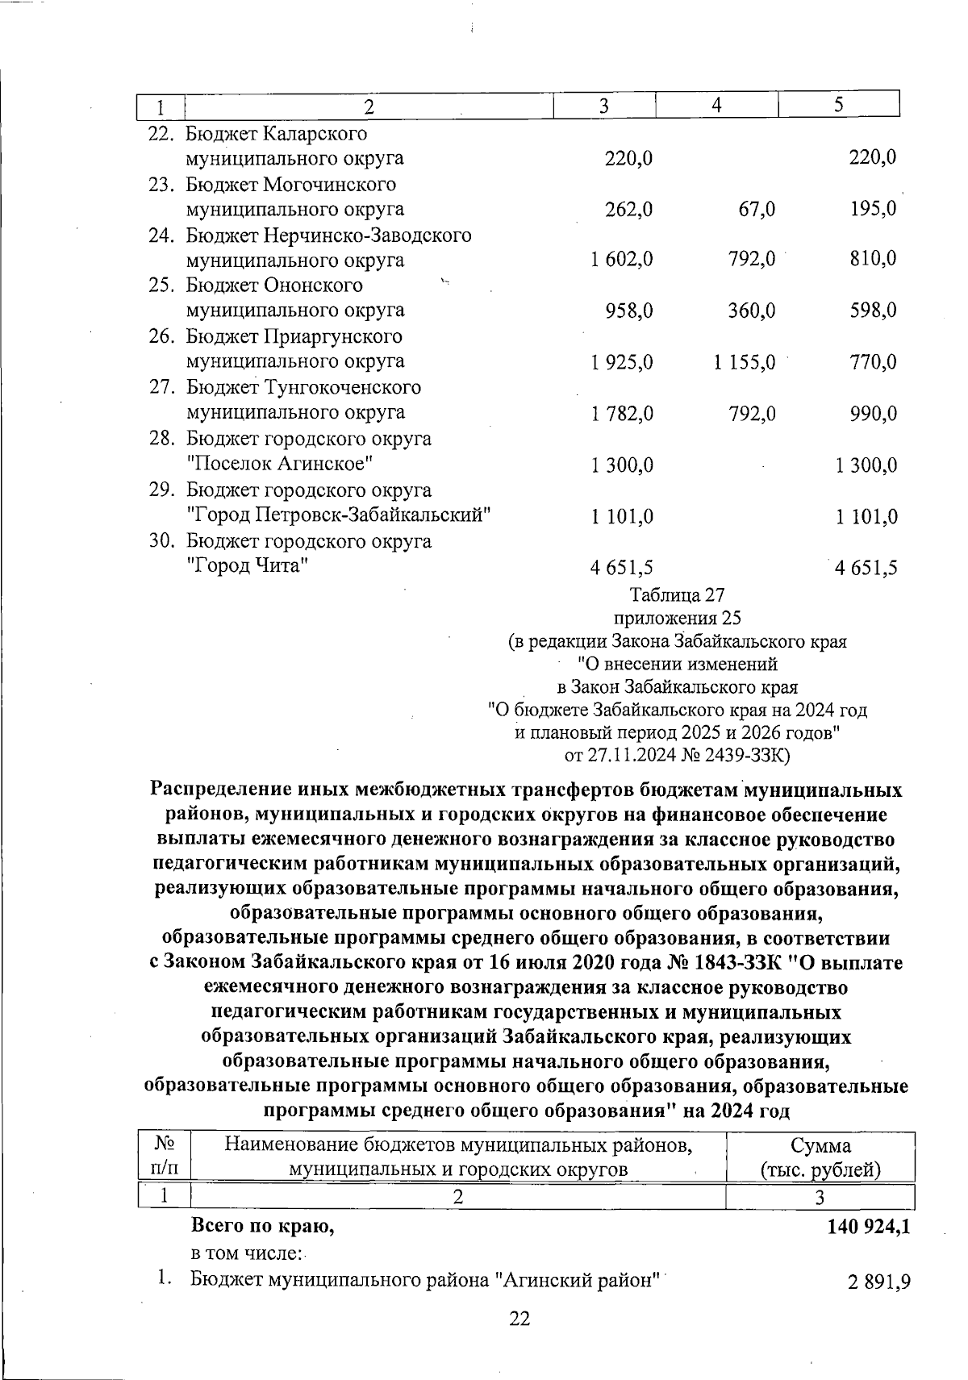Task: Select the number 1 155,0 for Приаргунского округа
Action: tap(744, 362)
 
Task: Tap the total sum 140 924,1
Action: tap(869, 1227)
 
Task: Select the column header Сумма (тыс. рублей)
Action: tap(820, 1157)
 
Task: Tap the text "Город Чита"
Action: tap(248, 566)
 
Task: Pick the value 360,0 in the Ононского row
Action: tap(752, 311)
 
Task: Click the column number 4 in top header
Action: tap(716, 106)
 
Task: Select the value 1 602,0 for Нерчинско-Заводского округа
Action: tap(621, 261)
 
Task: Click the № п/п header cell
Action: tap(165, 1157)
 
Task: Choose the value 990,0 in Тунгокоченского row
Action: tap(873, 414)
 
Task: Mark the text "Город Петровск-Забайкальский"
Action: tap(339, 515)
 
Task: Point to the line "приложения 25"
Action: tap(677, 619)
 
